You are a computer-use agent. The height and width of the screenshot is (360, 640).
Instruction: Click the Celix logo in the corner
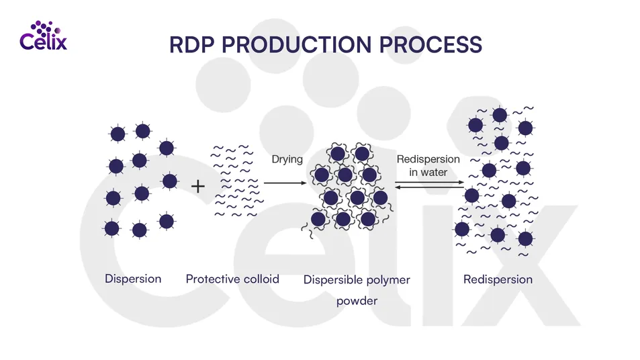[x=44, y=37]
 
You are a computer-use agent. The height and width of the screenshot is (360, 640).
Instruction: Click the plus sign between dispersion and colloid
[x=199, y=186]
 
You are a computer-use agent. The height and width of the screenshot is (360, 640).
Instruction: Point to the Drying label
[x=287, y=160]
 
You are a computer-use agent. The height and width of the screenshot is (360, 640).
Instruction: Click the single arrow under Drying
[x=285, y=183]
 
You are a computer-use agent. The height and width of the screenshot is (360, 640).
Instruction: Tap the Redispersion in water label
[x=428, y=165]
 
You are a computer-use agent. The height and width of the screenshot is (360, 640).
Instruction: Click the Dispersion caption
[x=133, y=279]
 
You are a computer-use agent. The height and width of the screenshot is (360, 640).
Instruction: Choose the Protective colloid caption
[x=232, y=279]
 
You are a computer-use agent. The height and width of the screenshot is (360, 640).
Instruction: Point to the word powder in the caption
[x=357, y=301]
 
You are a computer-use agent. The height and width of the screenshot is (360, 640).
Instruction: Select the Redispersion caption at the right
[x=498, y=279]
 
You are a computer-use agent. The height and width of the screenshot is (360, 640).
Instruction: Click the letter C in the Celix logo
[x=28, y=42]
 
